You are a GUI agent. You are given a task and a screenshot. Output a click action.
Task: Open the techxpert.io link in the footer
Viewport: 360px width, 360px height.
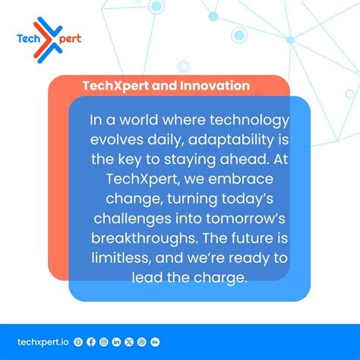point(43,343)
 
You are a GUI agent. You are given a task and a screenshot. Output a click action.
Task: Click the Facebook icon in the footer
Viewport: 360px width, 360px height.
point(91,343)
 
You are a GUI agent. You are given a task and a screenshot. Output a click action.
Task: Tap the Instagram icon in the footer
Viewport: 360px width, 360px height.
point(104,343)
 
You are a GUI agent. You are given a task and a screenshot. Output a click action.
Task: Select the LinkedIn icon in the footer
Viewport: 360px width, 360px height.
point(117,343)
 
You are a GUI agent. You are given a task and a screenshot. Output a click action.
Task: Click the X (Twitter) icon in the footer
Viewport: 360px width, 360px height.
point(130,343)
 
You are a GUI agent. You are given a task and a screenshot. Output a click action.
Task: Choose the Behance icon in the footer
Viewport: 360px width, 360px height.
point(156,343)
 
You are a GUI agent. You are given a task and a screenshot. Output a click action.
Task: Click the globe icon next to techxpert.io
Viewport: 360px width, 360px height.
point(78,343)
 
